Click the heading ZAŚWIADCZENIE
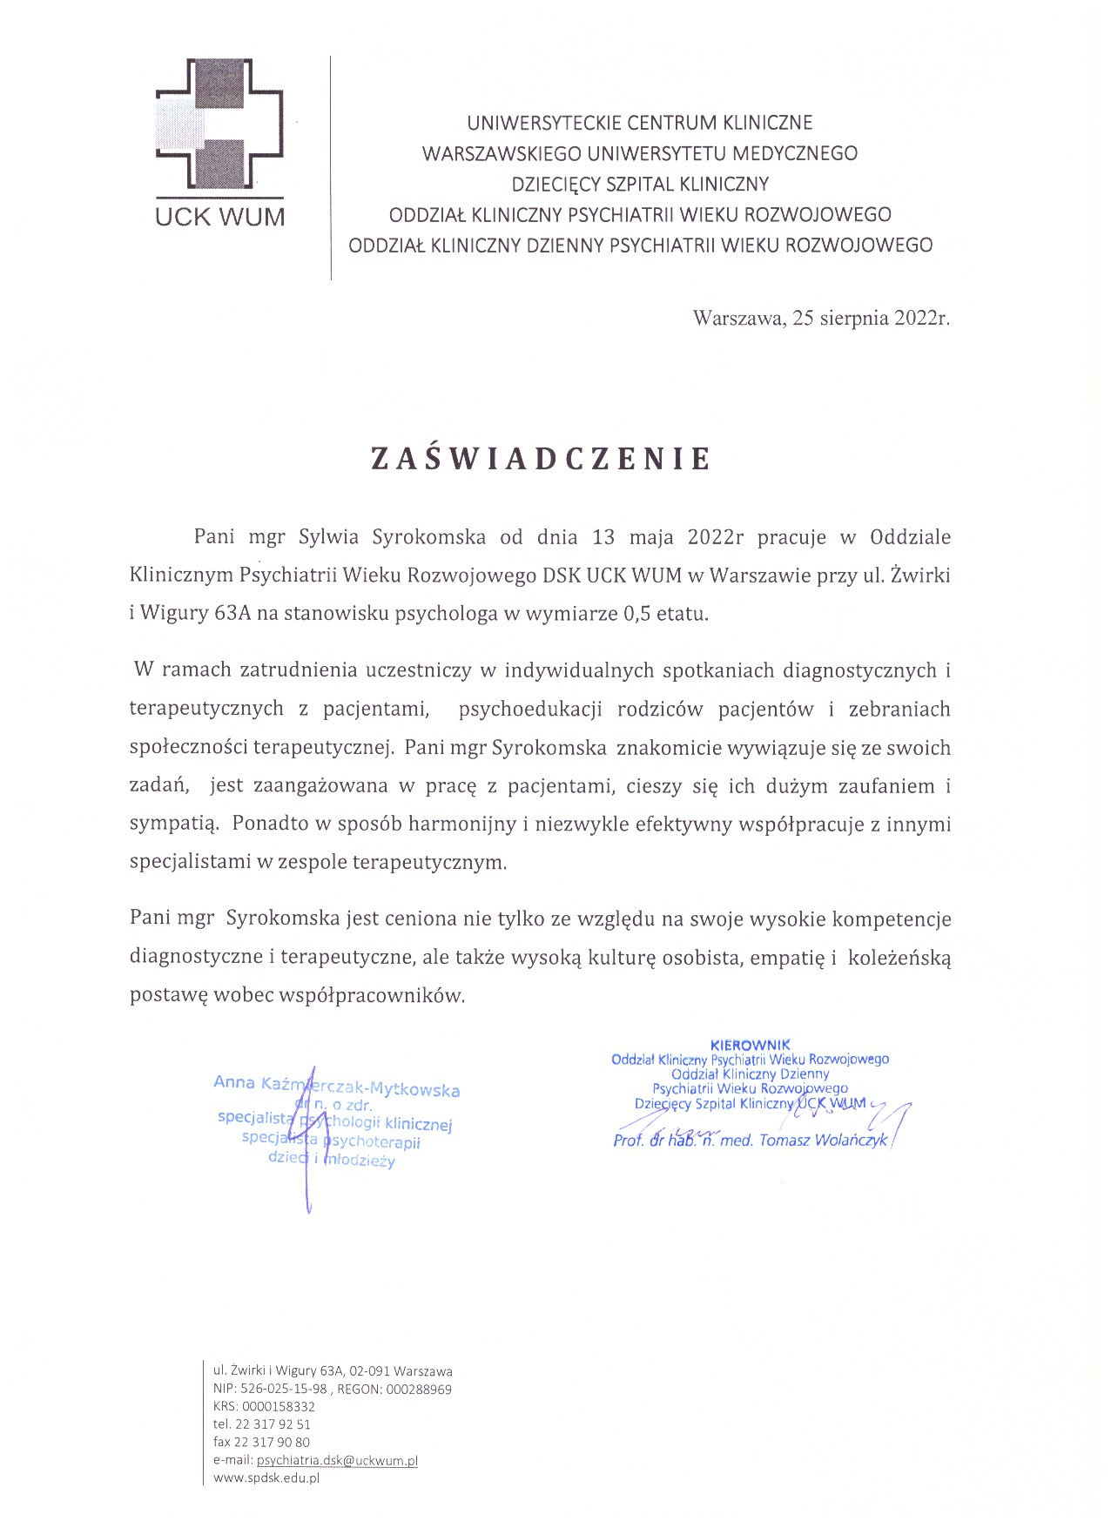(x=541, y=459)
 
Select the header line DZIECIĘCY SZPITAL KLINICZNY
(x=640, y=184)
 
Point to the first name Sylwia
(x=330, y=536)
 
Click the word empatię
(x=788, y=958)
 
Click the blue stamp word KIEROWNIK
(x=750, y=1044)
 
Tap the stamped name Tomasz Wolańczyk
(x=823, y=1141)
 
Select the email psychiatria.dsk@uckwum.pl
(x=337, y=1460)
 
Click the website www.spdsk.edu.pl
(x=266, y=1478)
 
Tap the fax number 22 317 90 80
(x=273, y=1442)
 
